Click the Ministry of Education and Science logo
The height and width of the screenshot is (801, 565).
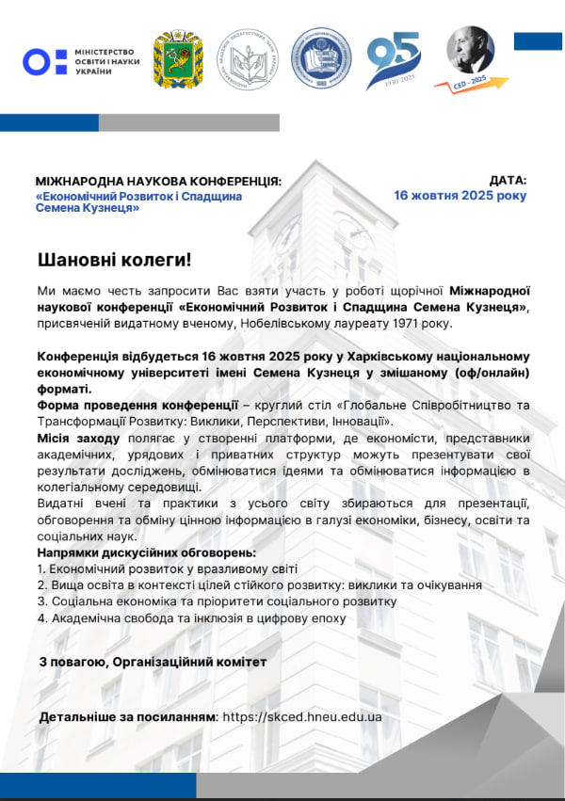[x=79, y=62]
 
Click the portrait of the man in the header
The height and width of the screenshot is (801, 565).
[x=470, y=50]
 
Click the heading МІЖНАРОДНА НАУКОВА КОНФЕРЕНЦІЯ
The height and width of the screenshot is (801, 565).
[x=158, y=181]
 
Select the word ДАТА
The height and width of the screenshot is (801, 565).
[x=508, y=180]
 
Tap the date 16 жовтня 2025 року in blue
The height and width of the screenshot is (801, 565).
[x=460, y=196]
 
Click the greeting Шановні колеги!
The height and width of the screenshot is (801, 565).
[x=114, y=259]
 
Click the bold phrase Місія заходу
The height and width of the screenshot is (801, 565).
[x=78, y=439]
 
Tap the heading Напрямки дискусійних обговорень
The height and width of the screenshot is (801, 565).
[x=146, y=553]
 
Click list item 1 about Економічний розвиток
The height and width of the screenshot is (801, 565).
[x=168, y=569]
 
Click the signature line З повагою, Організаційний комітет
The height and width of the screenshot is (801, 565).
[x=153, y=662]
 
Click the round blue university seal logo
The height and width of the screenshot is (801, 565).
[x=318, y=56]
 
